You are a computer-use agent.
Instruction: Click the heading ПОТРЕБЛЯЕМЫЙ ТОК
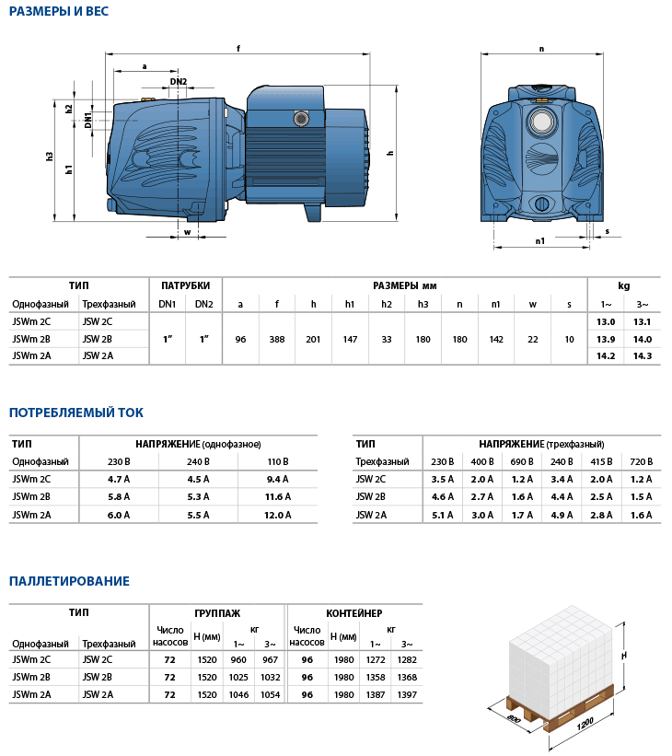pos(75,413)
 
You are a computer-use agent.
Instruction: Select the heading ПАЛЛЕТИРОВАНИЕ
pos(69,581)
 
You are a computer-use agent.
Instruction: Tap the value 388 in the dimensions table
pos(276,340)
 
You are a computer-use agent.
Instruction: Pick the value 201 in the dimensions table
pos(313,340)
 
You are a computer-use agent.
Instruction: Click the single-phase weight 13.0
pos(606,322)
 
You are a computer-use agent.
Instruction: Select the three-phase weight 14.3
pos(642,356)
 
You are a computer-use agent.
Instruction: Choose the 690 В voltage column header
pos(523,461)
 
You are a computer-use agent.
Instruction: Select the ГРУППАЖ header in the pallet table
pos(217,612)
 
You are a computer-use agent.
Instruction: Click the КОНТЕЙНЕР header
pos(353,612)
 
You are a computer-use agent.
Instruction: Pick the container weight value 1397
pos(406,694)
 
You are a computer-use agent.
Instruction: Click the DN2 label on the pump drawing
pos(180,82)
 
